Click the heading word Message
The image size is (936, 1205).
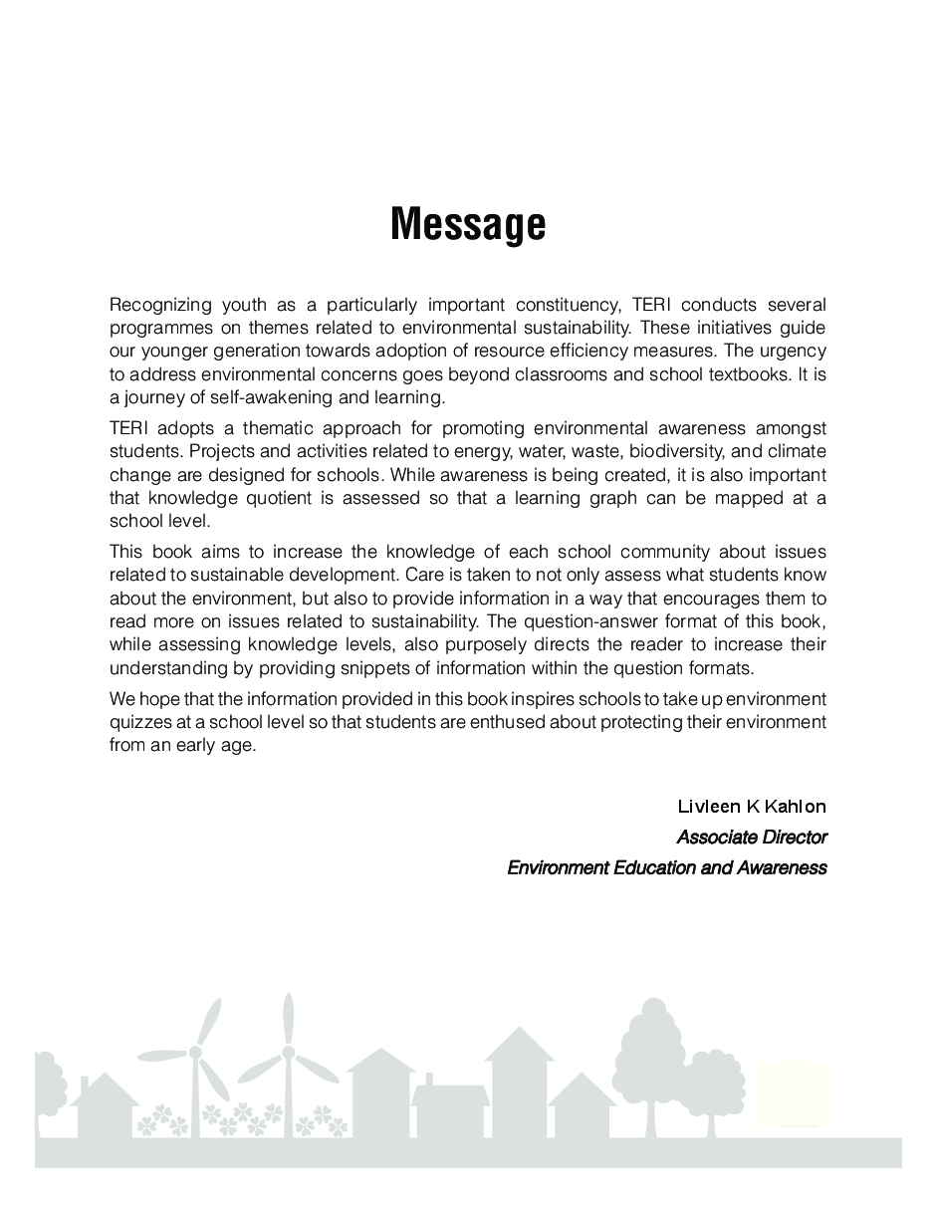468,224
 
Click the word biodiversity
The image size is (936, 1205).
673,452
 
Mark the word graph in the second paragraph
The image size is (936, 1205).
613,498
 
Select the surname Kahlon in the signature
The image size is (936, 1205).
793,806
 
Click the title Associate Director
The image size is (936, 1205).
752,837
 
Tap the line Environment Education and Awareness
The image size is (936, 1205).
666,867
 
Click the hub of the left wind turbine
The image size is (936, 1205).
195,1052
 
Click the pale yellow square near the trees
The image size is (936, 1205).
794,1093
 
